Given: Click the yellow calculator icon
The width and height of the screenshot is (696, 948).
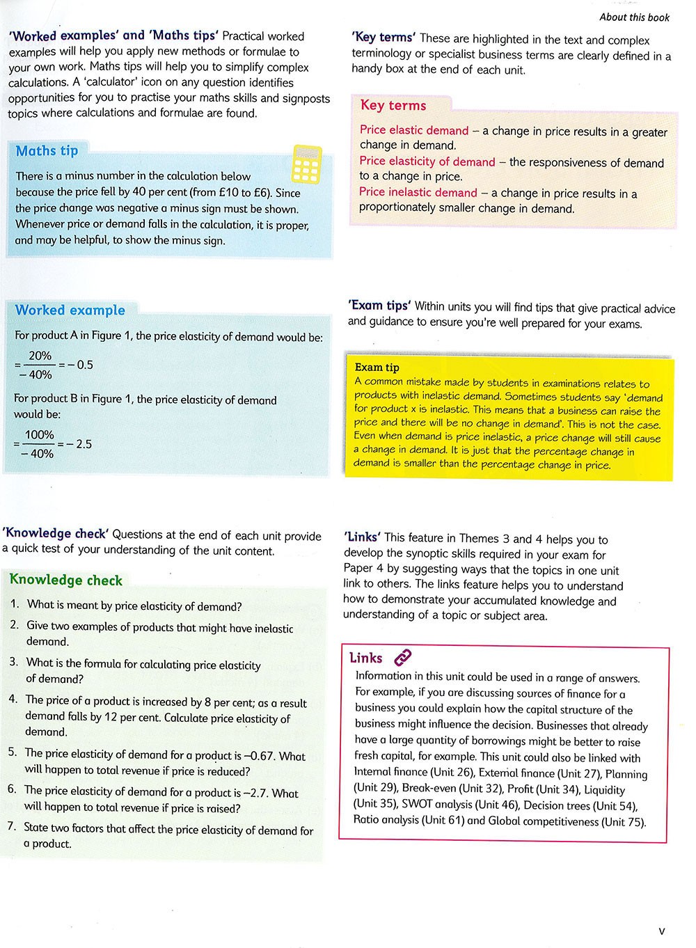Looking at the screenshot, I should [x=307, y=164].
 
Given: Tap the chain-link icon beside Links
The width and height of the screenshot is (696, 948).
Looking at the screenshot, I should [x=403, y=657].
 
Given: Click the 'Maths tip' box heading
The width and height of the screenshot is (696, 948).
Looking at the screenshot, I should [x=47, y=151].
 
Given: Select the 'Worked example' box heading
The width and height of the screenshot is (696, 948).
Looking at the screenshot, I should [x=70, y=310].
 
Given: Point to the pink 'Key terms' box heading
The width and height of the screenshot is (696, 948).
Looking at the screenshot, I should [x=393, y=106].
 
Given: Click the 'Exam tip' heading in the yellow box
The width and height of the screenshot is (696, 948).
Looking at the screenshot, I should [x=377, y=368].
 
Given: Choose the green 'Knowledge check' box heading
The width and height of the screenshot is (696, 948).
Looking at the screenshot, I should [x=66, y=580].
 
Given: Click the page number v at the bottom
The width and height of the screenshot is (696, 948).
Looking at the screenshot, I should [x=661, y=931].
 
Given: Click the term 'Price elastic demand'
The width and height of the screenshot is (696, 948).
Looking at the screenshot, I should [x=414, y=131].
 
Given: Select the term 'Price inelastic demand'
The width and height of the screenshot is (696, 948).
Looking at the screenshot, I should [x=418, y=193].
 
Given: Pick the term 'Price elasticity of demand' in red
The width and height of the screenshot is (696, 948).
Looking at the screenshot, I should [x=427, y=162].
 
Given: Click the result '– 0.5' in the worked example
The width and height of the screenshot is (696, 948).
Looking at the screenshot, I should [x=80, y=365].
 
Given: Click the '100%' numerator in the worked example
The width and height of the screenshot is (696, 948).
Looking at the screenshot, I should [x=40, y=435].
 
